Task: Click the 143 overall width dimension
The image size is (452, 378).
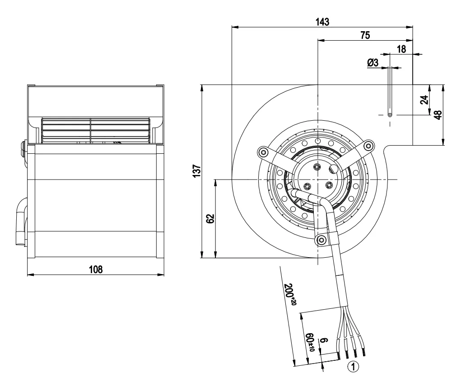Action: click(322, 22)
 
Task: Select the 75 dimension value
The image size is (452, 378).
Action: click(365, 35)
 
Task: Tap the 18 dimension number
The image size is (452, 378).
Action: click(401, 49)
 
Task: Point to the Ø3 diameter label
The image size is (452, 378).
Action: click(373, 62)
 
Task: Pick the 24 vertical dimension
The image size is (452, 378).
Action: click(424, 100)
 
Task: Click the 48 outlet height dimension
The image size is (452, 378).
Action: click(438, 115)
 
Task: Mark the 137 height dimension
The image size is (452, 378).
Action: click(197, 171)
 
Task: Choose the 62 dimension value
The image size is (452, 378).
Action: click(211, 218)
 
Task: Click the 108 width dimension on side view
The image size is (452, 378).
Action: click(96, 269)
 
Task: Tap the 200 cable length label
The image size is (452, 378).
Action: click(290, 294)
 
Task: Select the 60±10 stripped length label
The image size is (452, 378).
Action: click(310, 342)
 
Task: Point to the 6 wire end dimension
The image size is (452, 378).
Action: click(324, 341)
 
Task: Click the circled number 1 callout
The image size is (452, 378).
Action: click(354, 367)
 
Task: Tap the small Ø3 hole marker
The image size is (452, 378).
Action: click(390, 115)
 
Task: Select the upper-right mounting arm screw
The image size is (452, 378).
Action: click(369, 146)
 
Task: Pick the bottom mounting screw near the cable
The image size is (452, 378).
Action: click(322, 239)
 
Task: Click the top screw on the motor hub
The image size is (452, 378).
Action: click(317, 167)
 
